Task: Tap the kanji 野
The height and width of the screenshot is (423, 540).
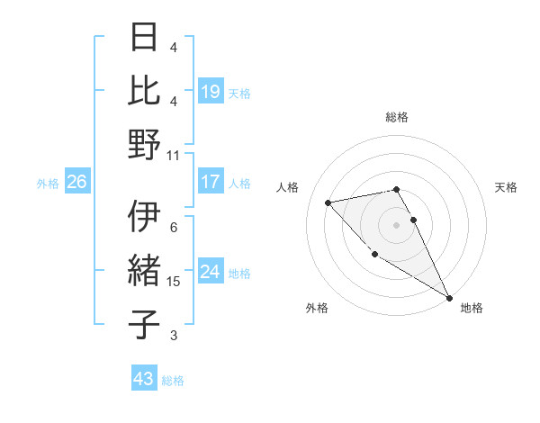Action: pos(145,144)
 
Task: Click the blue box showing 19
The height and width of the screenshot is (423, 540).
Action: pos(211,92)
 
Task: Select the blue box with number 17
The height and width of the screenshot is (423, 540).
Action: pos(211,182)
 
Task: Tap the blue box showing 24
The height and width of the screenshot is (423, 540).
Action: pos(211,272)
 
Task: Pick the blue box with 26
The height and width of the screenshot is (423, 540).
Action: pos(77,182)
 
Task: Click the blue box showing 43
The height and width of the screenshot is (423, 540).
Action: pos(143,379)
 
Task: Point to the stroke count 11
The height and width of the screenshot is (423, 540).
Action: pos(174,155)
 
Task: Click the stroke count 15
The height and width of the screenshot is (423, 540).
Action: pos(174,282)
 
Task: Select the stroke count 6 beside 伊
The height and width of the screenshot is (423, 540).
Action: pos(174,228)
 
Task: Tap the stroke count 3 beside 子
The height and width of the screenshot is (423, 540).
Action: pos(174,336)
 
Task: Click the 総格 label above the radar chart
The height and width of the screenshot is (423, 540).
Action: pos(397,117)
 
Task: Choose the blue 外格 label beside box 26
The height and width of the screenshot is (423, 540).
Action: pos(48,183)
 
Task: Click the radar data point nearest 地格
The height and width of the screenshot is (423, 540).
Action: pos(449,298)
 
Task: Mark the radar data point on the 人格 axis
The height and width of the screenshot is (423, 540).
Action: pos(328,202)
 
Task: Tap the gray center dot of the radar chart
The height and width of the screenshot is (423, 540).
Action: pos(397,224)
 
